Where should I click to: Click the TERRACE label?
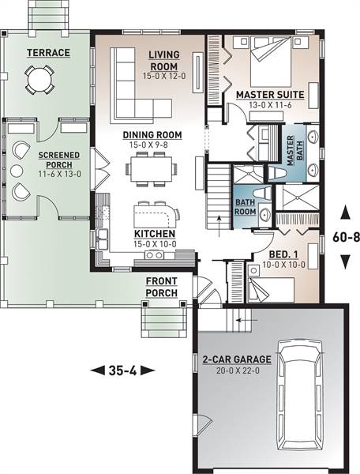[48, 53]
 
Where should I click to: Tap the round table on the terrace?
[39, 80]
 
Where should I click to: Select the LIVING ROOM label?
[164, 61]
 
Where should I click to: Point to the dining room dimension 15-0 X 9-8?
[148, 145]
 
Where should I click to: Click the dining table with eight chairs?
[152, 169]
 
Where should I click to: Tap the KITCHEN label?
[155, 234]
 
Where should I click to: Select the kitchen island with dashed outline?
[155, 216]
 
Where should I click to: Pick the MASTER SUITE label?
[270, 95]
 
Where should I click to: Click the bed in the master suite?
[271, 62]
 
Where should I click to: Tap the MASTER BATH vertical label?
[295, 151]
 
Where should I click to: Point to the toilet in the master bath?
[276, 174]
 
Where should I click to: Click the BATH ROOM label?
[245, 207]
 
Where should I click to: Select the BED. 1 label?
[279, 254]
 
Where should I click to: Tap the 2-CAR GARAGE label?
[237, 359]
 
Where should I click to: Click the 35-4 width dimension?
[122, 371]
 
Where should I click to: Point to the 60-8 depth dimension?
[346, 237]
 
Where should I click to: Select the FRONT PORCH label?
[162, 287]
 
